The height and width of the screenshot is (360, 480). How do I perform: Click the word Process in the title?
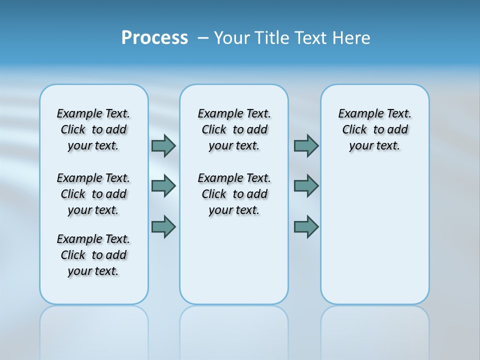[154, 38]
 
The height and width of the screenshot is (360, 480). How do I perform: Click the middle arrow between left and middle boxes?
[163, 186]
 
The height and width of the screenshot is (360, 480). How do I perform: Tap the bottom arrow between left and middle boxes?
[163, 226]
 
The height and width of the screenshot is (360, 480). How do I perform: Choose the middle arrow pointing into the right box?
[306, 186]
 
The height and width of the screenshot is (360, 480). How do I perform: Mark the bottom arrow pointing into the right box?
[306, 226]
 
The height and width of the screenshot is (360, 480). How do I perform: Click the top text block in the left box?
[93, 129]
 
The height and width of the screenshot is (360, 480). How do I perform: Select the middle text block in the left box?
[93, 194]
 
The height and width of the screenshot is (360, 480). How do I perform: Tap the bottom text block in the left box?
[93, 255]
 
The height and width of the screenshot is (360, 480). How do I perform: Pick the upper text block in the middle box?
[234, 129]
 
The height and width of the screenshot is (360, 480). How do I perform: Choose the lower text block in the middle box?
[234, 194]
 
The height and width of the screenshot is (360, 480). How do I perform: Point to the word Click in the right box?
[354, 130]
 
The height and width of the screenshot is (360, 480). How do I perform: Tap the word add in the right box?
[397, 130]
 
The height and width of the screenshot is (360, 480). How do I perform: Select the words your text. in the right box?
[374, 146]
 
